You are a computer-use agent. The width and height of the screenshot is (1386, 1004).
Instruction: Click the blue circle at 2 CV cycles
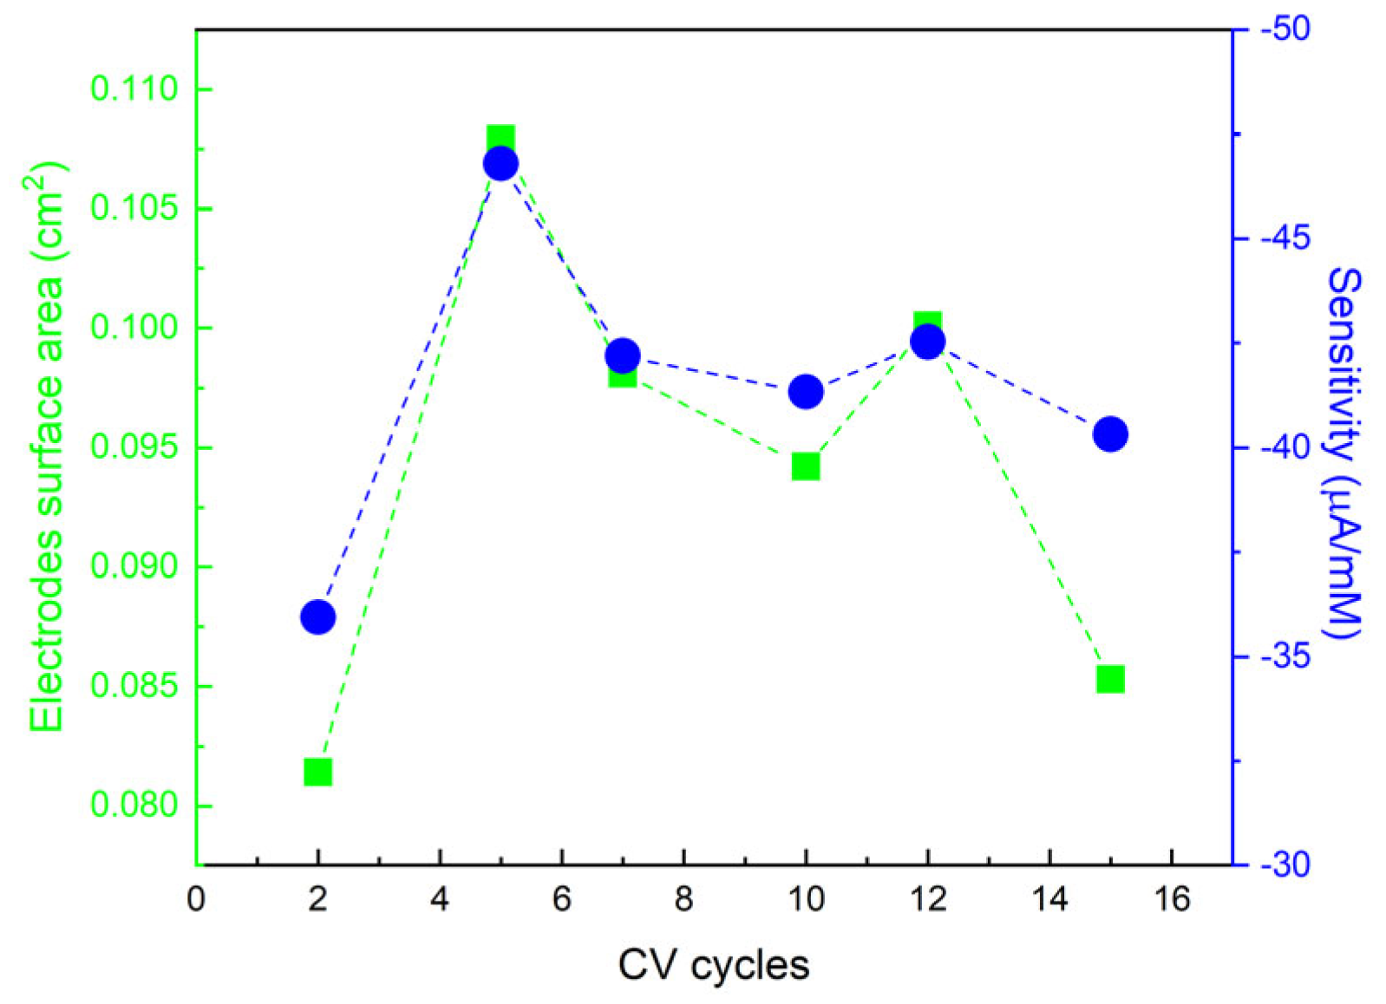pos(317,617)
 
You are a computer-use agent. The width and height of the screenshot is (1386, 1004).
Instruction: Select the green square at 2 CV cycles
pos(317,772)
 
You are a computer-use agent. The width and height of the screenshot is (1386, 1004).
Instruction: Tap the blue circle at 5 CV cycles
pos(500,163)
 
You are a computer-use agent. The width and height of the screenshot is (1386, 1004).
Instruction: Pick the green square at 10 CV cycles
pos(806,466)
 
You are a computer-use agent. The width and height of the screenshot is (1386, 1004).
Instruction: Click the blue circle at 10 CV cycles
pos(806,392)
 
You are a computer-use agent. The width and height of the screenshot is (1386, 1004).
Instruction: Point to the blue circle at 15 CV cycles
pos(1110,434)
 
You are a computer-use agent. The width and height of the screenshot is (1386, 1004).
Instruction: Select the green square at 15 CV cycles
pos(1110,679)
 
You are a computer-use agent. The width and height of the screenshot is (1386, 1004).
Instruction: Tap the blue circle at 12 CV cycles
pos(927,341)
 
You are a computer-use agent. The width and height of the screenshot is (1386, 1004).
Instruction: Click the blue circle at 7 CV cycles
pos(623,355)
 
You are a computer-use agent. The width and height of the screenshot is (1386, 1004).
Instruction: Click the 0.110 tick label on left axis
pos(134,88)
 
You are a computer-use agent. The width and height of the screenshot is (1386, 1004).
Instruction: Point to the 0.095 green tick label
pos(134,447)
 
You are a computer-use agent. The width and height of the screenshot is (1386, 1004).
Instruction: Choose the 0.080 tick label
pos(134,805)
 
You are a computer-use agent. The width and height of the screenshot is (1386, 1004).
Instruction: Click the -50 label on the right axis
pos(1285,29)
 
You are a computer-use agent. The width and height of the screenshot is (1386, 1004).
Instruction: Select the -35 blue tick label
pos(1285,656)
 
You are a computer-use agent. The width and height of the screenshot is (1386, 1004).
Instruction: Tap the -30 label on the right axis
pos(1285,865)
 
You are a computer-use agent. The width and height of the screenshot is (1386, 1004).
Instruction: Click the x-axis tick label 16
pos(1172,900)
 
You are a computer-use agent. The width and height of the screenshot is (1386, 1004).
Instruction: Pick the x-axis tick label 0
pos(196,900)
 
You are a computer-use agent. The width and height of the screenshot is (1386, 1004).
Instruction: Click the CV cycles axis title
pos(713,965)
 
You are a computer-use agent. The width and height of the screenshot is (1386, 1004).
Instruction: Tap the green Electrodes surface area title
pos(48,447)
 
